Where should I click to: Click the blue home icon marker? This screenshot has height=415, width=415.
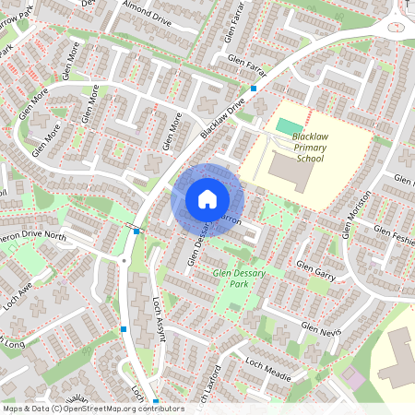207,199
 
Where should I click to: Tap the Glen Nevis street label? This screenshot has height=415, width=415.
321,329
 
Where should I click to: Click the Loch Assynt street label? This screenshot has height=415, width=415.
158,319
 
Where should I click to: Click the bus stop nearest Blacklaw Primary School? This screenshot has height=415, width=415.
254,89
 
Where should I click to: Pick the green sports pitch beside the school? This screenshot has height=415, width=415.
290,126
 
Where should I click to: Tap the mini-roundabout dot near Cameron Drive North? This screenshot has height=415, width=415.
124,261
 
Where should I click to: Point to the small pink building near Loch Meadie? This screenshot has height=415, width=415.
355,378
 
